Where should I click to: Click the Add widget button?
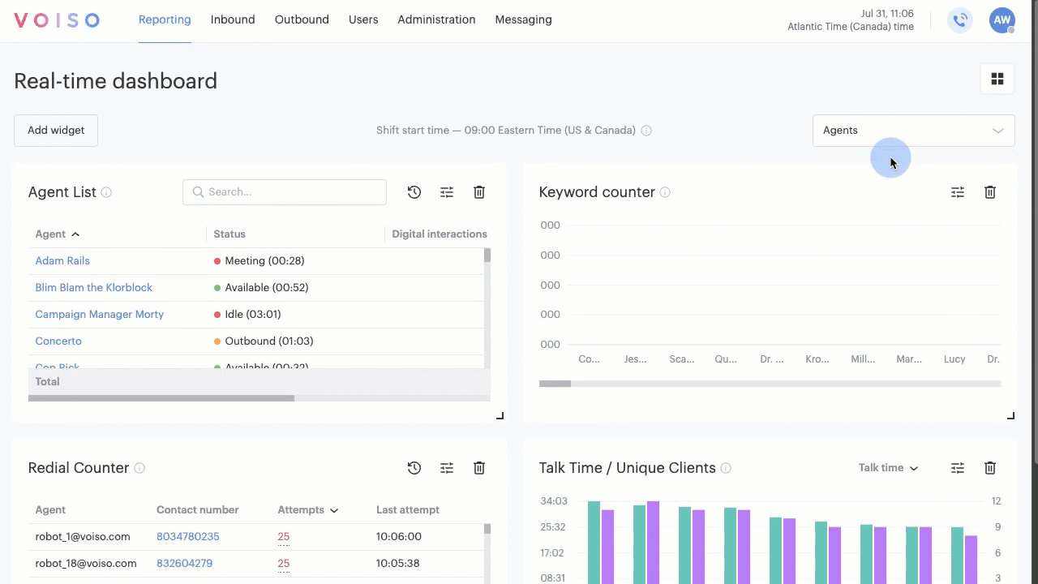coord(56,131)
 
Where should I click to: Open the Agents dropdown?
coord(913,131)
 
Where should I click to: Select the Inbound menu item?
coord(233,19)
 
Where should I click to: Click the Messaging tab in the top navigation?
coord(523,19)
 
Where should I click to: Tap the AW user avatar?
coord(1002,20)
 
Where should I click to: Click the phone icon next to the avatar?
coord(960,20)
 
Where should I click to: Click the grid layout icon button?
coord(997,79)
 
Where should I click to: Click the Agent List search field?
coord(285,192)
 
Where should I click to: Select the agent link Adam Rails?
coord(62,260)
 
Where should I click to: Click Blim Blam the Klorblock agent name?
coord(93,287)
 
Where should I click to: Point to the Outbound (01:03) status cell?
coord(268,341)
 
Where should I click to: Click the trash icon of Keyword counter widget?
coord(990,192)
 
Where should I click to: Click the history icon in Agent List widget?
coord(414,192)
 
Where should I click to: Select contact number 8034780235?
coord(187,536)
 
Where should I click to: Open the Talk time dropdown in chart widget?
coord(888,468)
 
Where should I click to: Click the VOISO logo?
coord(57,20)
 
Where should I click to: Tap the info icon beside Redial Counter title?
coord(139,468)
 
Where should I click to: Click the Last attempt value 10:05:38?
coord(397,563)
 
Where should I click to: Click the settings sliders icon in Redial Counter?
coord(447,468)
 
